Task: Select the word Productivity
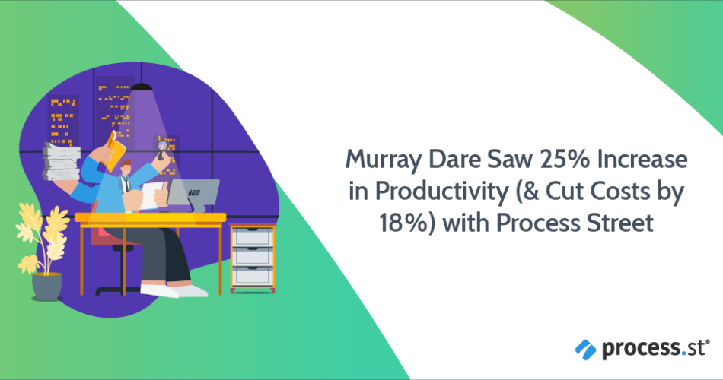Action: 441,192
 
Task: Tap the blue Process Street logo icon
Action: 585,350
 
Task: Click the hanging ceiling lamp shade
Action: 142,87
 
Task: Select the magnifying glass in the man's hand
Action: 162,149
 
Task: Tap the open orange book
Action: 114,150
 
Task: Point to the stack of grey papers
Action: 62,161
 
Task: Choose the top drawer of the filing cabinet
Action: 252,237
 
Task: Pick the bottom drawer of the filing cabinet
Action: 252,275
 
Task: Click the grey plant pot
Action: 46,287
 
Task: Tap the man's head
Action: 126,169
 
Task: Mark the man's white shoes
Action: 174,290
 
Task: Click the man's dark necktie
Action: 126,185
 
